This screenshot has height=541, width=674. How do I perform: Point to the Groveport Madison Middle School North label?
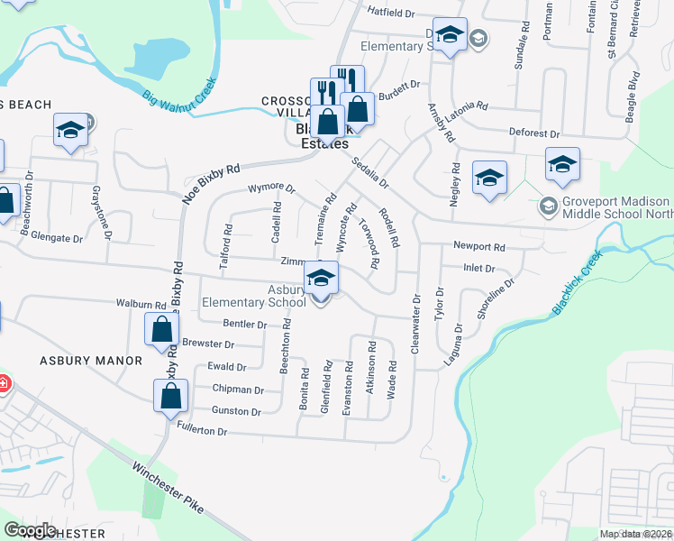tap(616, 207)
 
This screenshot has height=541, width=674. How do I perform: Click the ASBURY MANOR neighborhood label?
tap(90, 361)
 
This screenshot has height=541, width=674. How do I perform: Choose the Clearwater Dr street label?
tap(416, 323)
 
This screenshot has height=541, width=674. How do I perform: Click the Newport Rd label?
tap(479, 245)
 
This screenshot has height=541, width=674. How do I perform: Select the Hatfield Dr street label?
tap(391, 14)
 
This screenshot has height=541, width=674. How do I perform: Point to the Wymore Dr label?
tap(271, 189)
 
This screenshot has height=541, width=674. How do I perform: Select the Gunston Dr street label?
tap(236, 411)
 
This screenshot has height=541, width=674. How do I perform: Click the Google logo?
tap(30, 530)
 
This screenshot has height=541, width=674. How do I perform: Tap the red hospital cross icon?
tap(4, 383)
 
